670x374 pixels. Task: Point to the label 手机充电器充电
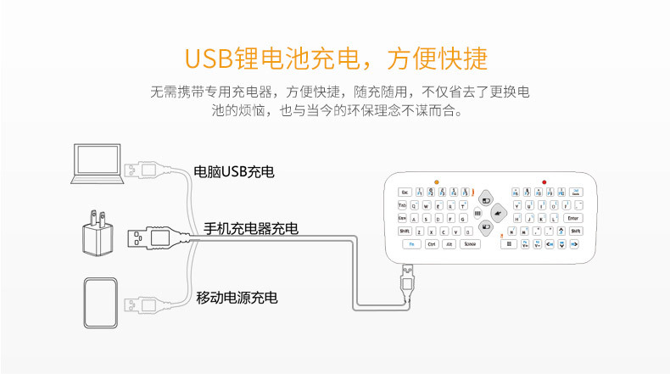[251, 229]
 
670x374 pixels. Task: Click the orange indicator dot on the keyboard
[436, 181]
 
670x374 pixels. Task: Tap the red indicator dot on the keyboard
[544, 181]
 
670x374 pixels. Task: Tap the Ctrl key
[432, 244]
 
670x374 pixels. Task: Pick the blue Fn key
[410, 244]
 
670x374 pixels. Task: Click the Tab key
[402, 205]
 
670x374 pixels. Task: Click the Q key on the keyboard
[415, 205]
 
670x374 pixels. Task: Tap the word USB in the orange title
[214, 59]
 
